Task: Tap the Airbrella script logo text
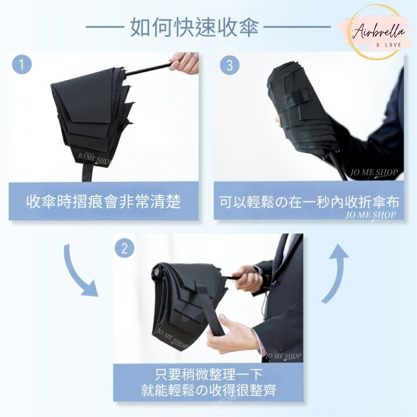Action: tap(379, 33)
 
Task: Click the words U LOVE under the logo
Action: tap(388, 45)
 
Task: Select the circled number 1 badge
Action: tap(22, 65)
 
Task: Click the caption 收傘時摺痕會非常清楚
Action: tap(103, 201)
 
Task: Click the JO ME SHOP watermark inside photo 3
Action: tap(374, 172)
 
